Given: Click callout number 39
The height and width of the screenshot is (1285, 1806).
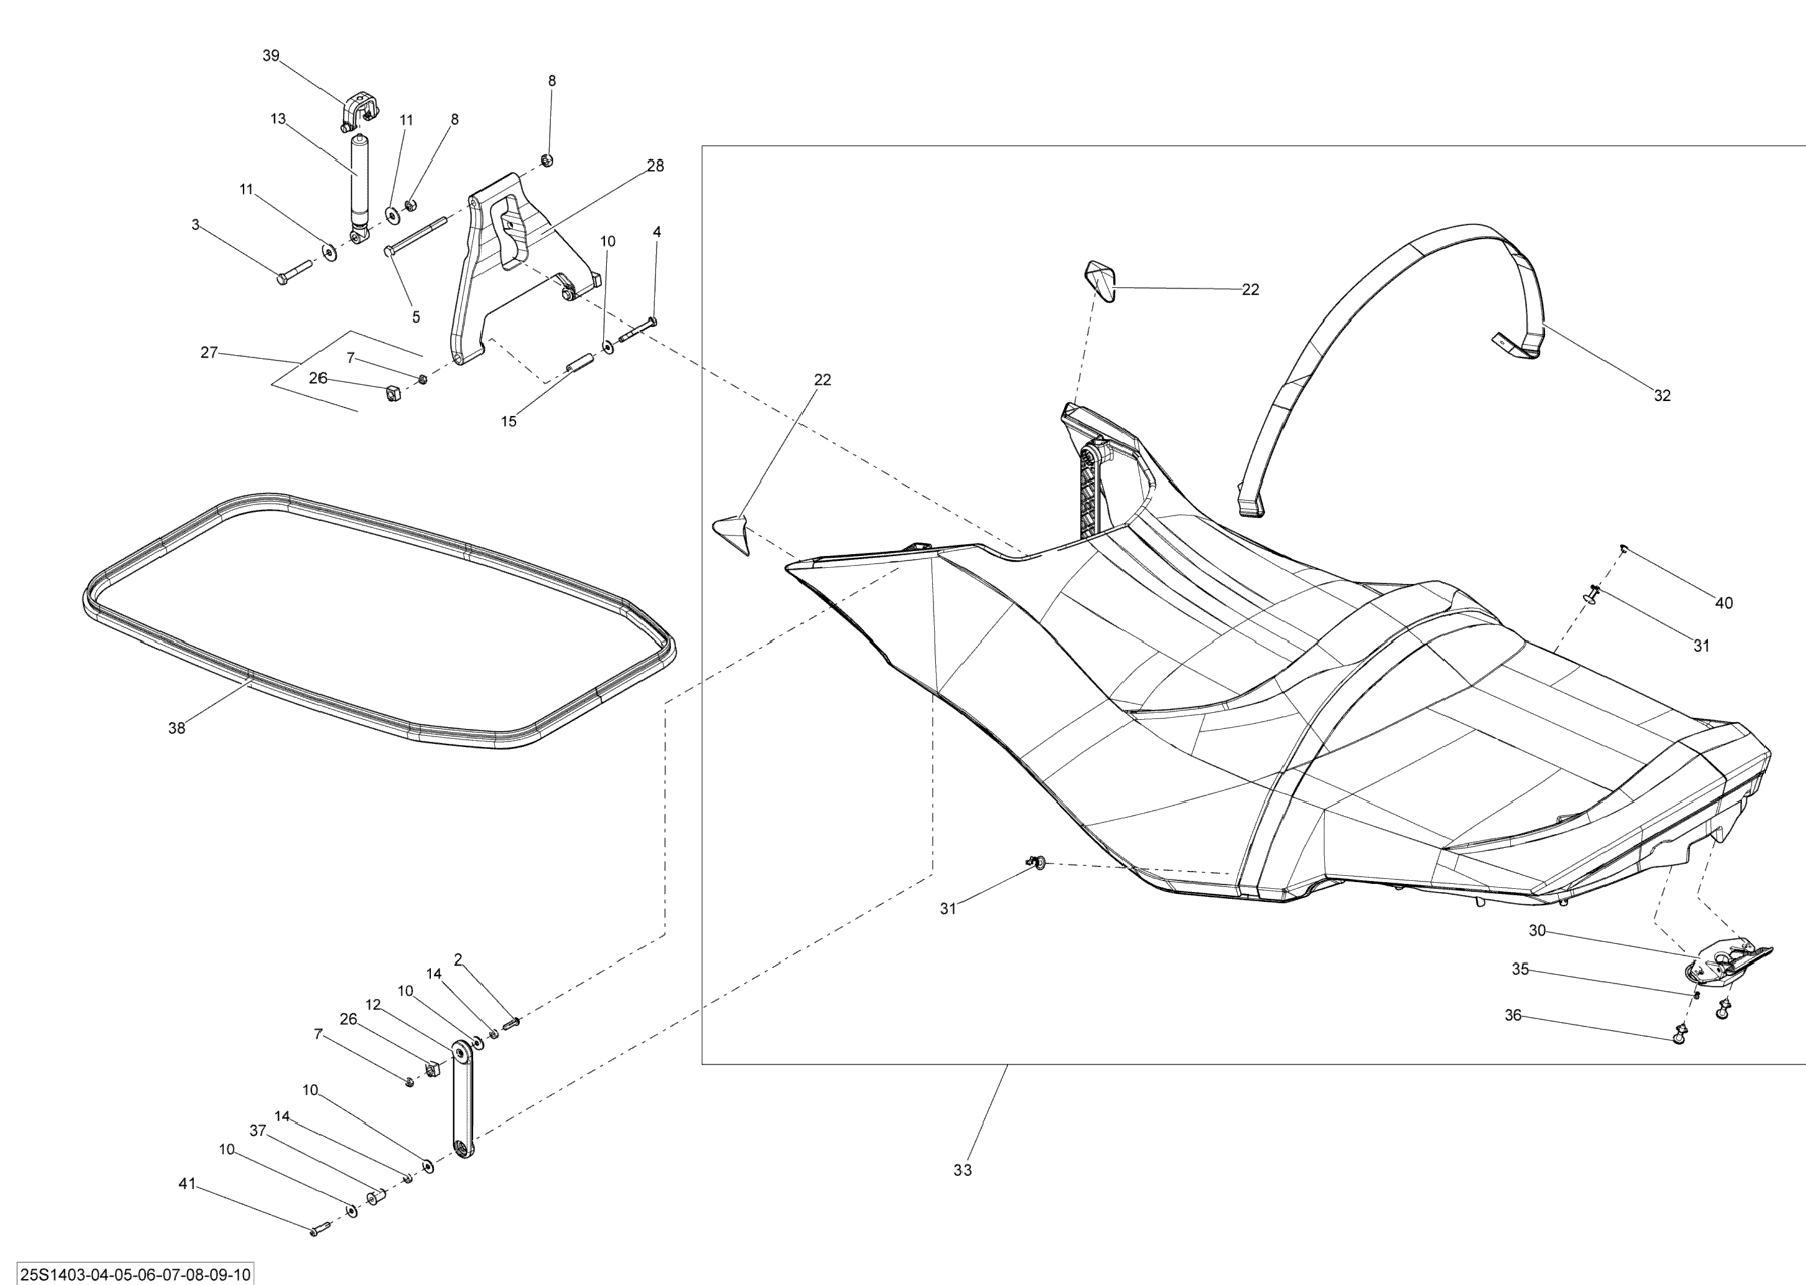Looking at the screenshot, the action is pos(271,56).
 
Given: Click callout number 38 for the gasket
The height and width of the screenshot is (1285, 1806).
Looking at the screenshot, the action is pos(177,728).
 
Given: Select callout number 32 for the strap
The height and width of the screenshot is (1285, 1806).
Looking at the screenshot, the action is pos(1662,396).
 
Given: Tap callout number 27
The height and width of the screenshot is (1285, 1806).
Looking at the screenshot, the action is pos(209,353).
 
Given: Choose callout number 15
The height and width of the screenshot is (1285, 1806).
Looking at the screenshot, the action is pos(509,422).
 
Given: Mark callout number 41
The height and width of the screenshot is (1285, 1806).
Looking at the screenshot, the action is pos(187,1184).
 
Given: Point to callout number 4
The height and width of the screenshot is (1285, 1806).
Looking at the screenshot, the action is pos(656,232).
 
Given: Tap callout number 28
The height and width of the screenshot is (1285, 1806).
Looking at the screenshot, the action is pos(656,166).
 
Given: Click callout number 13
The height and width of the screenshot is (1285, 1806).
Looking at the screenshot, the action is pos(277,119).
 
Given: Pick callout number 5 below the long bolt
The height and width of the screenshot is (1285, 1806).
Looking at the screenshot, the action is pos(416,317).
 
